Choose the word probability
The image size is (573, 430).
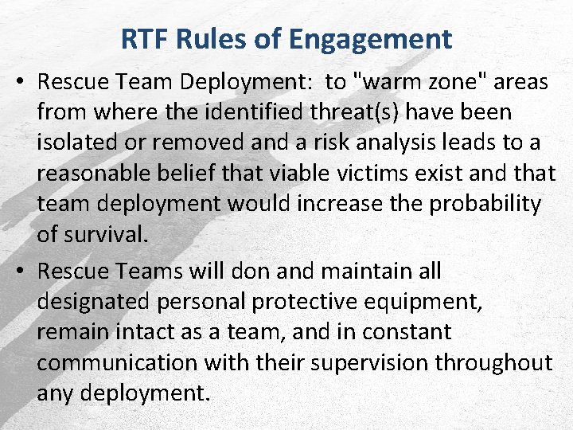485,204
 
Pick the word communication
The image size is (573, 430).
117,362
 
